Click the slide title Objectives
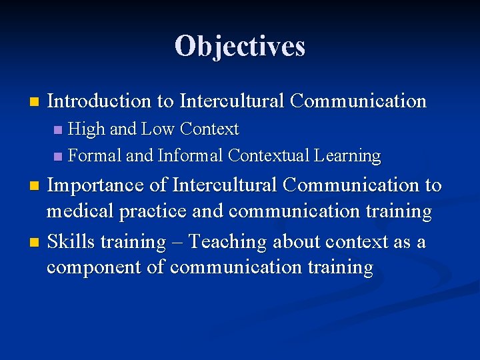click(240, 46)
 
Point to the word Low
click(158, 128)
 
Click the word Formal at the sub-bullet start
click(95, 156)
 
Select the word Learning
click(349, 157)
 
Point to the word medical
click(80, 212)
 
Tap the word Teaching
click(229, 241)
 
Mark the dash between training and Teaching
click(177, 242)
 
